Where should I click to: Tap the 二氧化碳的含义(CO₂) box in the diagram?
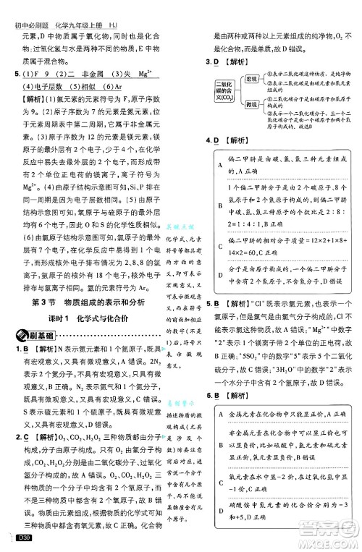tap(225, 91)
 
